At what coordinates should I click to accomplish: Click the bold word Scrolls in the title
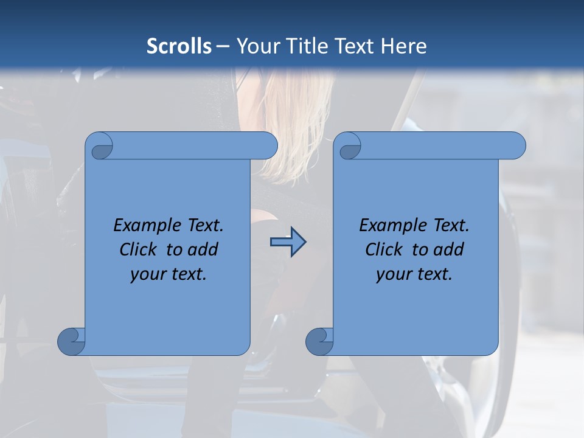point(179,46)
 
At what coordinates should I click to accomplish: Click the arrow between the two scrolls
point(288,242)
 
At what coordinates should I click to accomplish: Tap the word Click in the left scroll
point(141,249)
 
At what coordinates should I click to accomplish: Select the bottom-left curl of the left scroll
point(72,341)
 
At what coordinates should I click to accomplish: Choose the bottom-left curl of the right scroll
point(320,341)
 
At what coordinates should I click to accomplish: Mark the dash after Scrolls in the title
point(223,46)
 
